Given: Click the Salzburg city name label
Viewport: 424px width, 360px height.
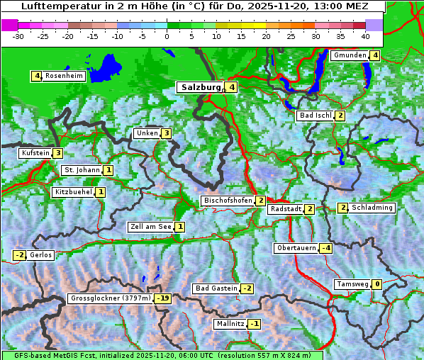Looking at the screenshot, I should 201,87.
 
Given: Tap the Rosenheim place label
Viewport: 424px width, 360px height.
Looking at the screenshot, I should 63,76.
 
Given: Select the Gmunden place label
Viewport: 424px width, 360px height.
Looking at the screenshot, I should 350,55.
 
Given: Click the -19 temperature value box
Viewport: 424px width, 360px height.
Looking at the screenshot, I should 163,298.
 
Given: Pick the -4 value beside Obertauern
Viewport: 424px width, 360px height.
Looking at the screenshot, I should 325,248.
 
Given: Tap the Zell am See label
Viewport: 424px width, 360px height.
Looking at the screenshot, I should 151,227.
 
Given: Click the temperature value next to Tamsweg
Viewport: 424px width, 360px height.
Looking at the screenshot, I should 377,284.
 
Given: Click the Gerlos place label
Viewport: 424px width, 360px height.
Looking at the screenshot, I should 41,255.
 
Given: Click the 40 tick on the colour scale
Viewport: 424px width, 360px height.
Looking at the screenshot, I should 365,35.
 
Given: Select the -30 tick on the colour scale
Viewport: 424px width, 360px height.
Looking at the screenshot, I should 18,35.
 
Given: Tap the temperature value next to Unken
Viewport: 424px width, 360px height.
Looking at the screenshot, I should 166,133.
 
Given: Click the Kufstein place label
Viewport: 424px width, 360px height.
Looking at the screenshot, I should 35,153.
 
